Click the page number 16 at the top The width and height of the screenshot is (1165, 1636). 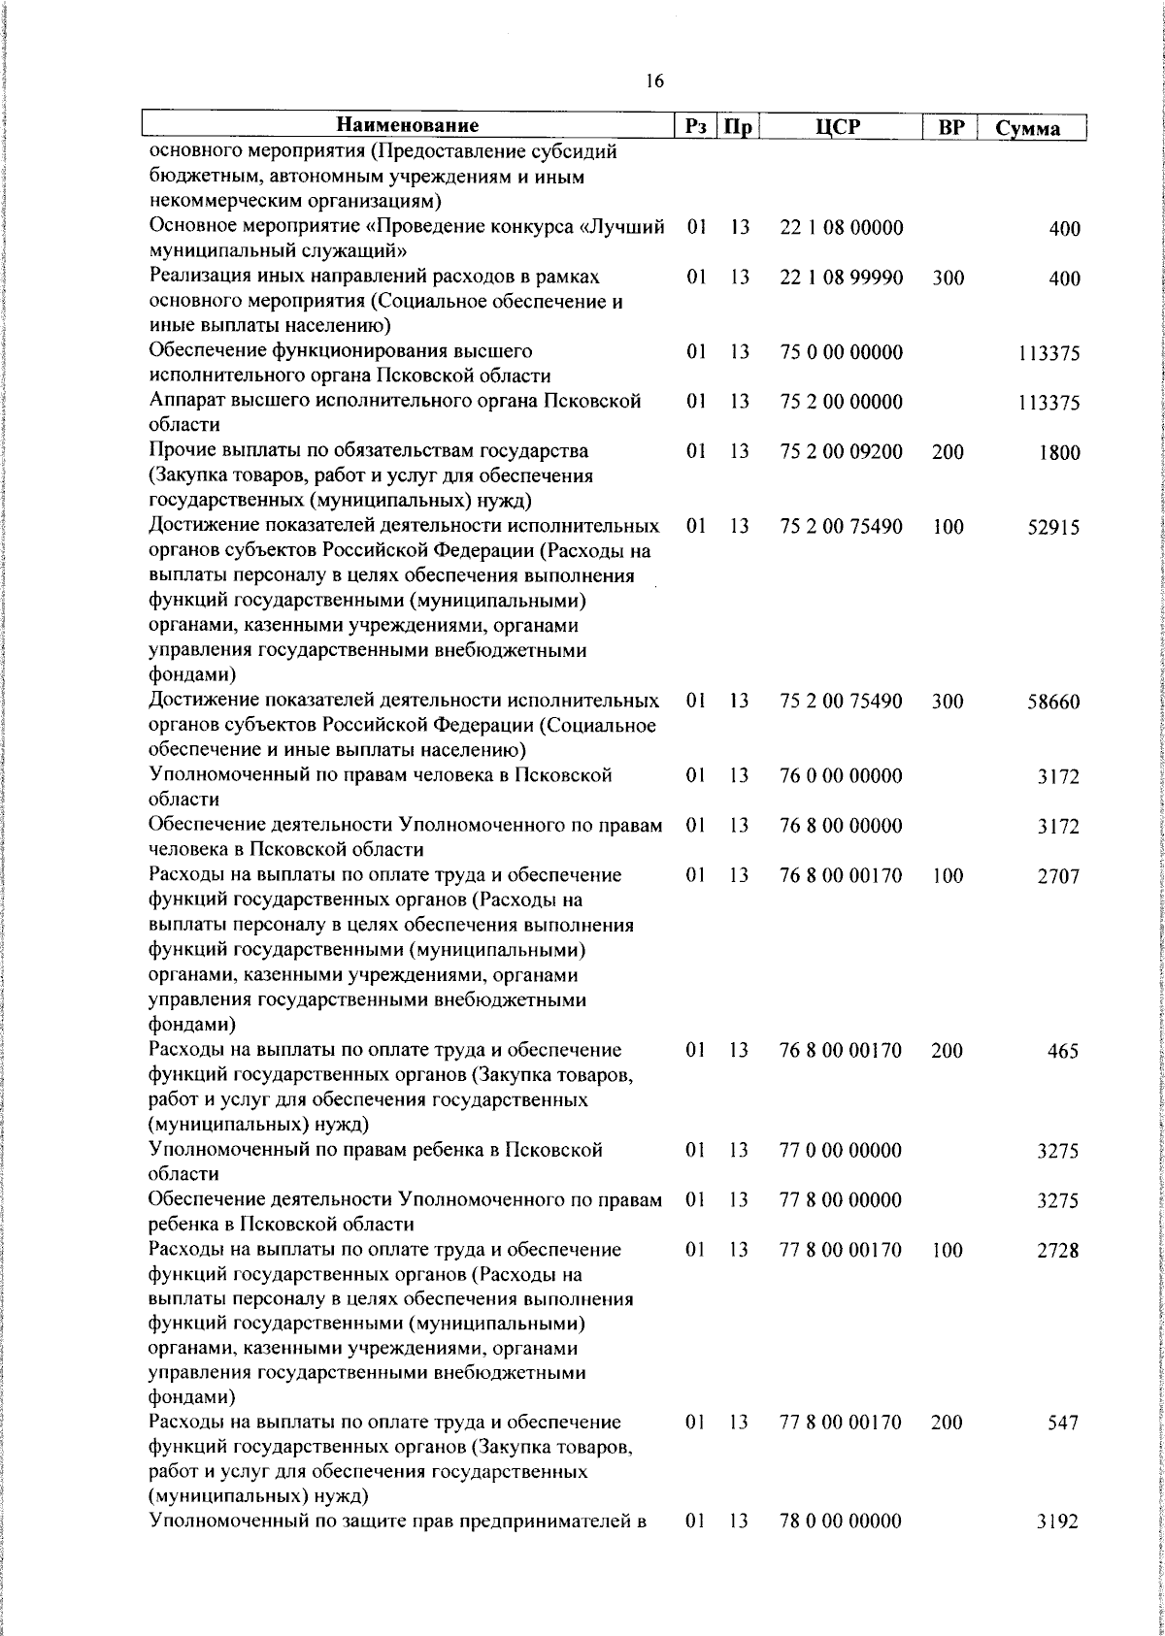pyautogui.click(x=654, y=82)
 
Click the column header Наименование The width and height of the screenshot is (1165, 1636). pyautogui.click(x=408, y=125)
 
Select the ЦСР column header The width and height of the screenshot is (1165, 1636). pyautogui.click(x=839, y=126)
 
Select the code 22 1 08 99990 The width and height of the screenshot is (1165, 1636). pyautogui.click(x=841, y=278)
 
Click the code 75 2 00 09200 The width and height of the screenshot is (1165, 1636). pyautogui.click(x=841, y=451)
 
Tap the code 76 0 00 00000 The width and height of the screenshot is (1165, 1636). pyautogui.click(x=841, y=775)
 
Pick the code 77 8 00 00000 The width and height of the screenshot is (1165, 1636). pyautogui.click(x=841, y=1200)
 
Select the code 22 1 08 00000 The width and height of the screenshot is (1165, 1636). pyautogui.click(x=841, y=228)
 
